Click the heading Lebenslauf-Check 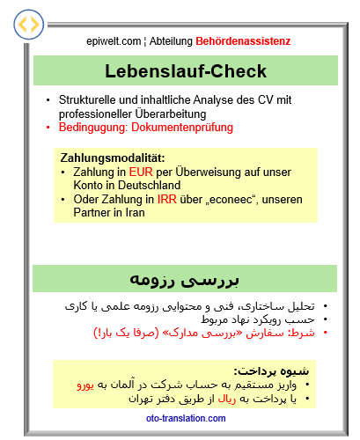pos(186,71)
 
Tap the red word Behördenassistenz pos(243,40)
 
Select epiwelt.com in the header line pos(114,40)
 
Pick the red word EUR pos(139,172)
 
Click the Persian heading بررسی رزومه pos(185,279)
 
